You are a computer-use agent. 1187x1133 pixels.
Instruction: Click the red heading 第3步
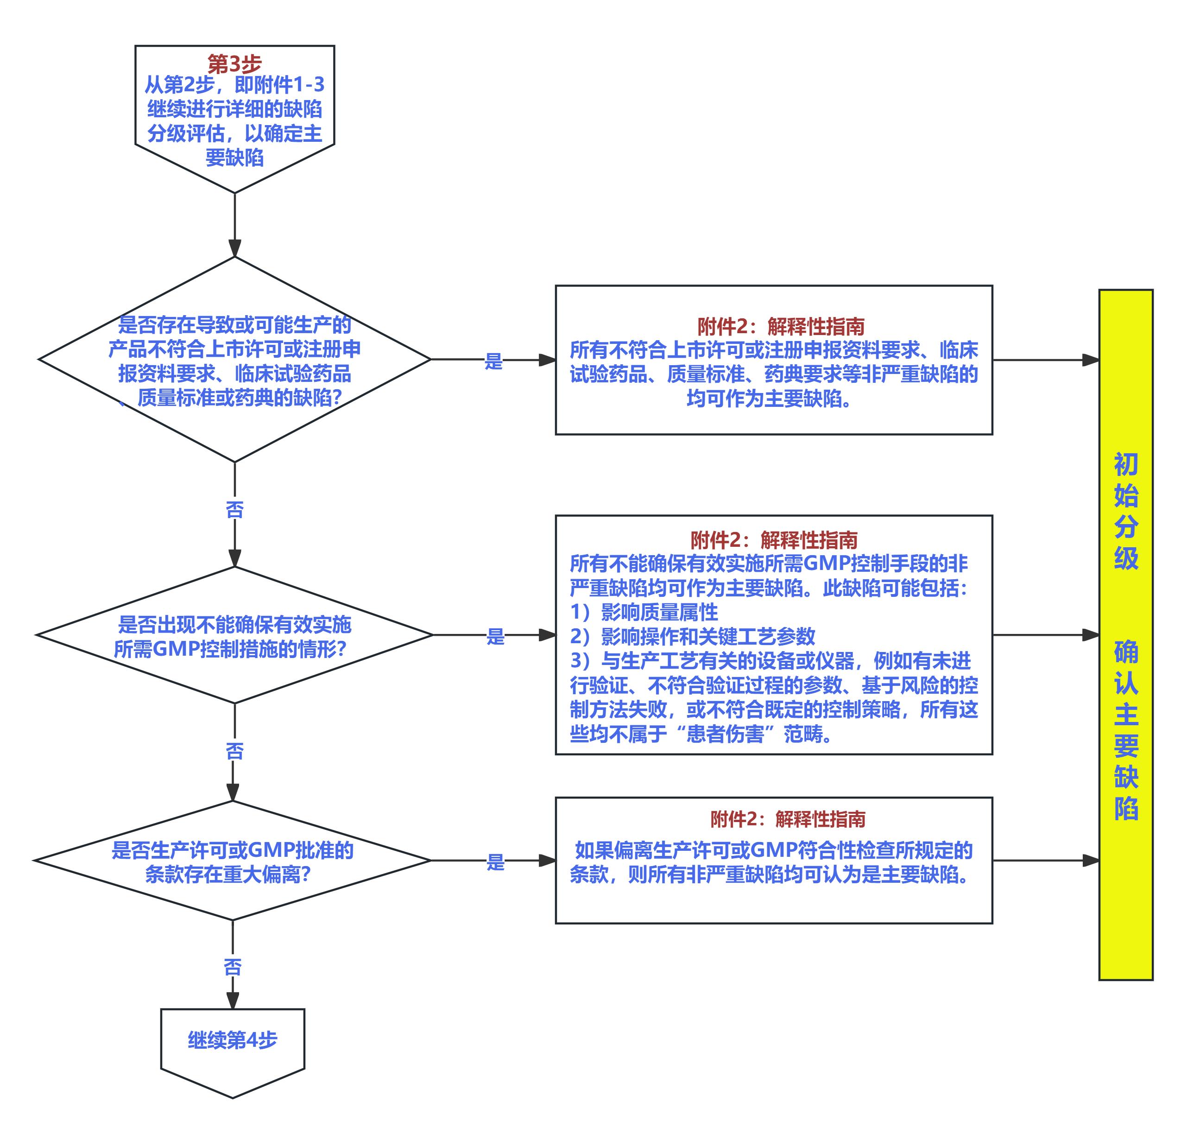(234, 63)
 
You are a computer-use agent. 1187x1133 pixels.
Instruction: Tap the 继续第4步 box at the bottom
(233, 1040)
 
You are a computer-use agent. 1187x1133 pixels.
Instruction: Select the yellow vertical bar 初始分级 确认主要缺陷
(1125, 634)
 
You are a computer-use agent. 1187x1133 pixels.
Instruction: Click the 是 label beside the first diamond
(493, 362)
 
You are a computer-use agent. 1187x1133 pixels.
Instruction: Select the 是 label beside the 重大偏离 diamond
(495, 862)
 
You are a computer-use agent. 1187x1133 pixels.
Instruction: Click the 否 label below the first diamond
(234, 510)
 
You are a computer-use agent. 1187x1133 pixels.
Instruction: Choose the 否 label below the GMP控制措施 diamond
(234, 751)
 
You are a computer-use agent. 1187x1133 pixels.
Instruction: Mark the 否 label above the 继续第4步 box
(233, 967)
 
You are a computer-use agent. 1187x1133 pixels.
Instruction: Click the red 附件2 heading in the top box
(781, 327)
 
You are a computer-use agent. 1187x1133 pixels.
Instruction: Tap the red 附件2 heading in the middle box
(774, 539)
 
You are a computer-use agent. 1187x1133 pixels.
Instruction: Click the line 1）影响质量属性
(644, 612)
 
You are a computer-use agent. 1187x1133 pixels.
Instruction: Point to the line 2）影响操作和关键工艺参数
(693, 636)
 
